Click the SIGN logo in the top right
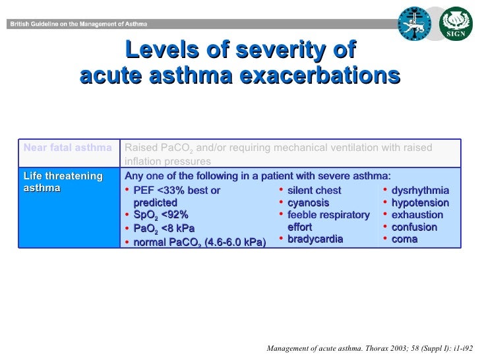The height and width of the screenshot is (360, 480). click(x=456, y=24)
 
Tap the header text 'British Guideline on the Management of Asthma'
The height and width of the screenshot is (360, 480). click(x=78, y=24)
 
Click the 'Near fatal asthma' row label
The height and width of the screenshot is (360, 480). click(x=67, y=147)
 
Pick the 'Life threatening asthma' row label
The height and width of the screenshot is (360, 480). click(x=63, y=182)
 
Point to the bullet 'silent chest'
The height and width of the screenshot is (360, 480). click(x=315, y=191)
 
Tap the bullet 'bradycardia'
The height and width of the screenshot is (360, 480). click(x=315, y=239)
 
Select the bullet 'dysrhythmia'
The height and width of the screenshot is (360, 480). click(x=420, y=191)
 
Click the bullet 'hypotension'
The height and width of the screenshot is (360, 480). click(x=420, y=203)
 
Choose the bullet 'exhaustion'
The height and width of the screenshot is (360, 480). click(x=417, y=215)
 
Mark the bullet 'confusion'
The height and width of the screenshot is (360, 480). click(x=414, y=227)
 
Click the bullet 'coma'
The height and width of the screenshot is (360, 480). click(x=404, y=239)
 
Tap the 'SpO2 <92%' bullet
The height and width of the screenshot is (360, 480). click(x=160, y=215)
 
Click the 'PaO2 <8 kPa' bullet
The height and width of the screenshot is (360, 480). click(x=164, y=228)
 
